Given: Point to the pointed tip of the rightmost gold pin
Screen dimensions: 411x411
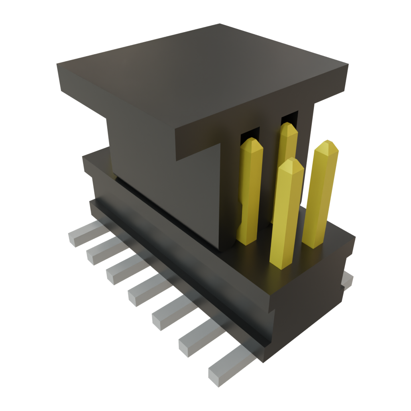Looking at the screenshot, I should (327, 141).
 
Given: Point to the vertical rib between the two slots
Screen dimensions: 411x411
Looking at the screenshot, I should (270, 169).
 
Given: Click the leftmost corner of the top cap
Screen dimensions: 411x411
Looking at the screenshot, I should (57, 64).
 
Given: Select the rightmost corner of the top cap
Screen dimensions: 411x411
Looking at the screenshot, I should (348, 64).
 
